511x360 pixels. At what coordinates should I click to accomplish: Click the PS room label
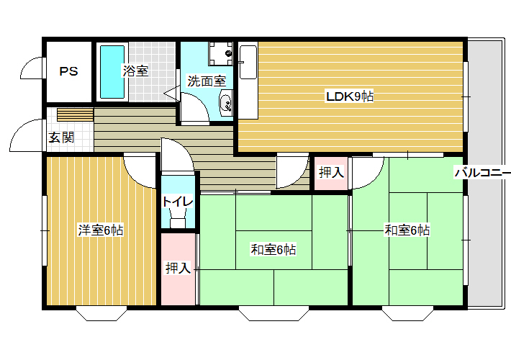point(69,71)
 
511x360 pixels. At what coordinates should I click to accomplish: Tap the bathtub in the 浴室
point(112,72)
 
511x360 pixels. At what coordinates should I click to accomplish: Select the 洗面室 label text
point(207,81)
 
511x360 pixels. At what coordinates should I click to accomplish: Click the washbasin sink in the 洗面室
point(225,103)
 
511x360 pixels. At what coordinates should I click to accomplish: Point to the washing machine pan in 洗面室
point(221,53)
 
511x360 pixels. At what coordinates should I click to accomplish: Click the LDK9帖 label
point(350,96)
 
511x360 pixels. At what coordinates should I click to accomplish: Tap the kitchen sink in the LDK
point(248,62)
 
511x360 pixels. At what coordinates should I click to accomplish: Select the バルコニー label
point(483,172)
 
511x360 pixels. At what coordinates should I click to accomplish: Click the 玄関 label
point(61,138)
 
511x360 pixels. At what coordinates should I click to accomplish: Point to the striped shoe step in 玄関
point(76,114)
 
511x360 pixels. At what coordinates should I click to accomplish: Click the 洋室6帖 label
point(101,230)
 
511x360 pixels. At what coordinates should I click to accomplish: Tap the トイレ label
point(178,202)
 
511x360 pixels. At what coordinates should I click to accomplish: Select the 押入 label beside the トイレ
point(178,268)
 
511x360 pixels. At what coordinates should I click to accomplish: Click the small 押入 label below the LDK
point(331,172)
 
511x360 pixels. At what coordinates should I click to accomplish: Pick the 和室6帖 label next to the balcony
point(407,230)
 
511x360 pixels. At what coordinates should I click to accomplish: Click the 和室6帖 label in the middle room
point(273,249)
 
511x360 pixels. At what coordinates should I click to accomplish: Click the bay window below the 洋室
point(101,313)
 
